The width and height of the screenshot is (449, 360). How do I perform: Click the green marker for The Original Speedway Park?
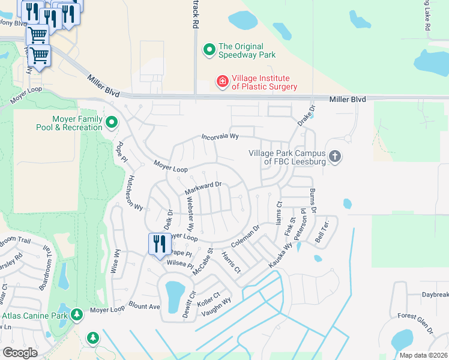pyautogui.click(x=209, y=50)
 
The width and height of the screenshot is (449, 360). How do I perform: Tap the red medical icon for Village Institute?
pyautogui.click(x=222, y=81)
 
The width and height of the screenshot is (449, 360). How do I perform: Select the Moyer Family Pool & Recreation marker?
pyautogui.click(x=112, y=123)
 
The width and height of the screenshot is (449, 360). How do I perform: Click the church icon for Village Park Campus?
pyautogui.click(x=335, y=157)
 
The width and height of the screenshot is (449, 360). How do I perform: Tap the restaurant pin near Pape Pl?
pyautogui.click(x=157, y=244)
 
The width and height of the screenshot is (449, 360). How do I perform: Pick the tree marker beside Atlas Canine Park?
pyautogui.click(x=76, y=314)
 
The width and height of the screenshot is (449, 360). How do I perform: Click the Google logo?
pyautogui.click(x=20, y=353)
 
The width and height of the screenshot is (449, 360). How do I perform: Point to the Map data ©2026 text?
pyautogui.click(x=423, y=355)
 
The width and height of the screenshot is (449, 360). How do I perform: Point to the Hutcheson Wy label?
pyautogui.click(x=134, y=192)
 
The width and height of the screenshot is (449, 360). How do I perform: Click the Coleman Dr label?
pyautogui.click(x=245, y=236)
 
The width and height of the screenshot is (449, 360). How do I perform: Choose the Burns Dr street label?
pyautogui.click(x=312, y=200)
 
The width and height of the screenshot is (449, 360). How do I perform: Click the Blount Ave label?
pyautogui.click(x=144, y=306)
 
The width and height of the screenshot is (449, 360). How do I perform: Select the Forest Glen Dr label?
pyautogui.click(x=415, y=322)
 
